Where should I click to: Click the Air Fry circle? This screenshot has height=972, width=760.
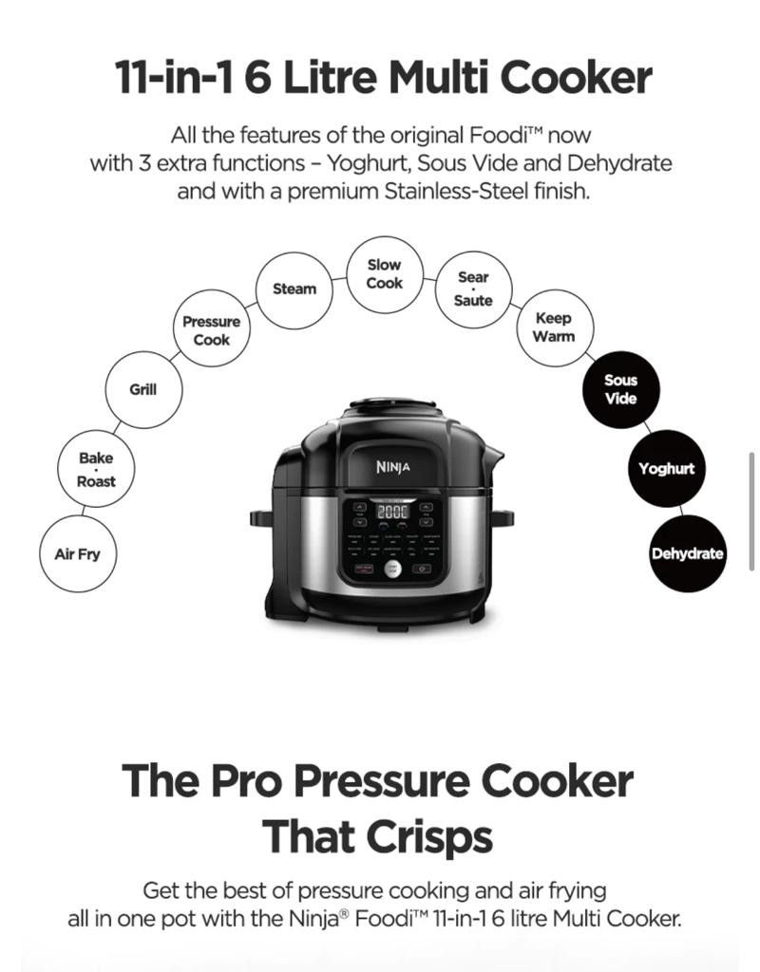pyautogui.click(x=77, y=554)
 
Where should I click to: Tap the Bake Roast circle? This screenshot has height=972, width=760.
pyautogui.click(x=96, y=470)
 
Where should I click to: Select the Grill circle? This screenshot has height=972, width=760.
pyautogui.click(x=143, y=389)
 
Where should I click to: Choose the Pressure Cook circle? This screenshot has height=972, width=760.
pyautogui.click(x=211, y=330)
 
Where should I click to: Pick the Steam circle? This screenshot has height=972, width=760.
pyautogui.click(x=294, y=289)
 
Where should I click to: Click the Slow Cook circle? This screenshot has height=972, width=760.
pyautogui.click(x=384, y=273)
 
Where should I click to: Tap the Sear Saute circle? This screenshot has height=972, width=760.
pyautogui.click(x=473, y=289)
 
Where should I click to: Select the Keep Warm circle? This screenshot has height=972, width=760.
pyautogui.click(x=553, y=327)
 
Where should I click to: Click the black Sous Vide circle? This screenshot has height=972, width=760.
pyautogui.click(x=620, y=389)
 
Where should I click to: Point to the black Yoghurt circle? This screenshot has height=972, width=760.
pyautogui.click(x=666, y=469)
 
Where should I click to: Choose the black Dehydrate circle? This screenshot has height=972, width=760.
pyautogui.click(x=687, y=554)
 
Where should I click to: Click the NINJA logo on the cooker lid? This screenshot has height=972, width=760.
pyautogui.click(x=392, y=467)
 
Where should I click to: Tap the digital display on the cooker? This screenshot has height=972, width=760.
pyautogui.click(x=392, y=512)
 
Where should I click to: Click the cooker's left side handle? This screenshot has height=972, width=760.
pyautogui.click(x=260, y=518)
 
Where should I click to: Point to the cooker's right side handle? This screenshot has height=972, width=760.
pyautogui.click(x=503, y=518)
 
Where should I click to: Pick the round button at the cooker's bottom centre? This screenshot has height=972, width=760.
pyautogui.click(x=392, y=569)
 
